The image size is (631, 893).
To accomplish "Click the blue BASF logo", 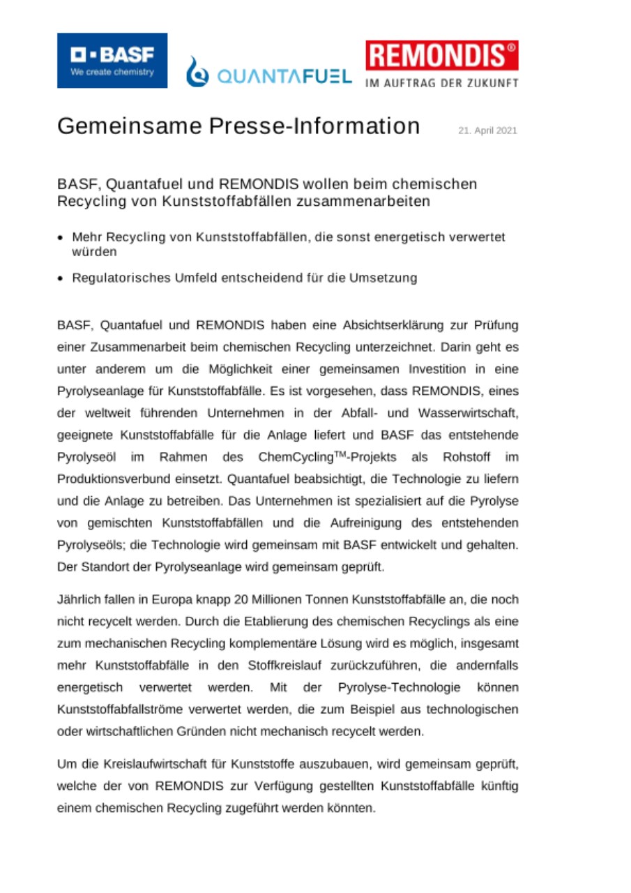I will [x=112, y=61].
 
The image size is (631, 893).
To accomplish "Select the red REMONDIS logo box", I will [x=441, y=56].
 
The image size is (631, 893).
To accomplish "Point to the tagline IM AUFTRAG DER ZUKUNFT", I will [x=441, y=83].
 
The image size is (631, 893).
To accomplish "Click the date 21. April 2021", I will [x=487, y=130].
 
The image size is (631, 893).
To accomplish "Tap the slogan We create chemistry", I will [x=112, y=72].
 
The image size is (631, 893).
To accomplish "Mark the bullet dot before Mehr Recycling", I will [x=61, y=238].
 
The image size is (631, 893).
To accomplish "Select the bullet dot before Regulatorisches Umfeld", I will [x=61, y=278].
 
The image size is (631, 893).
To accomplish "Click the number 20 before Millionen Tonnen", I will [x=244, y=600].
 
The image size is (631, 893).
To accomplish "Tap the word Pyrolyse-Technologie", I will [x=399, y=688].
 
